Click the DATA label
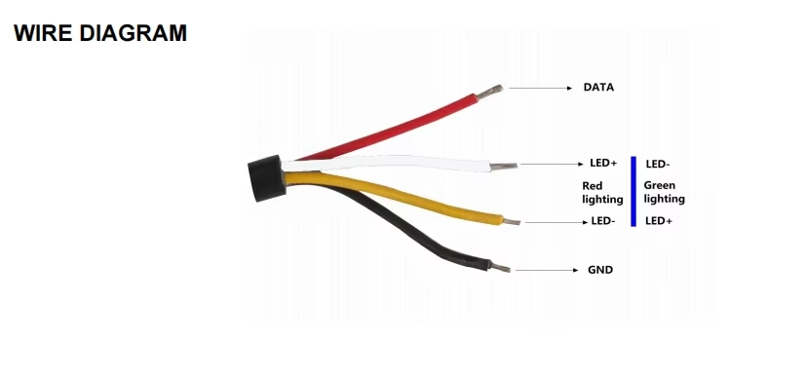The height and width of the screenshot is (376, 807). pos(598,88)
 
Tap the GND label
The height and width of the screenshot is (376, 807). pos(600,270)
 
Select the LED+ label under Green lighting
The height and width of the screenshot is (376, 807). pos(659,221)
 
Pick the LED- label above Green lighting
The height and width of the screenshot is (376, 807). pos(658,165)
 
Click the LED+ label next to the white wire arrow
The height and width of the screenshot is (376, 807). pos(603,164)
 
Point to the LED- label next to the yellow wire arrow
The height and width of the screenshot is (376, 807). pos(603,221)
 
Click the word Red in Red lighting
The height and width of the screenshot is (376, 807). pos(593,186)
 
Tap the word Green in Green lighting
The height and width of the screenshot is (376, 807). pos(659,185)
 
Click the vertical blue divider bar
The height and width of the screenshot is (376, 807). pos(634,191)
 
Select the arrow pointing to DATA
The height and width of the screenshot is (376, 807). pos(540,88)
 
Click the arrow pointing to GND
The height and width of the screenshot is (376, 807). pos(547,270)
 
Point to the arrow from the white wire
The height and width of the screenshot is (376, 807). pos(553,165)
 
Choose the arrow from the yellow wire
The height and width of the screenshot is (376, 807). pos(557,222)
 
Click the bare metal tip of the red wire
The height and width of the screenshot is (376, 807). pos(489,93)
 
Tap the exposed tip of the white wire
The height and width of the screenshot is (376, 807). pos(503,167)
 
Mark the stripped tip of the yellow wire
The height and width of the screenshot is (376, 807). pos(511,222)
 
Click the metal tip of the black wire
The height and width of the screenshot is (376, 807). pos(500,268)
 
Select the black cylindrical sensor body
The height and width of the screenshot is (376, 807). pos(267,178)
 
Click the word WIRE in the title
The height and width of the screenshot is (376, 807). pos(43,33)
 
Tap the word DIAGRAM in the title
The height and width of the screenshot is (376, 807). pos(133,33)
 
